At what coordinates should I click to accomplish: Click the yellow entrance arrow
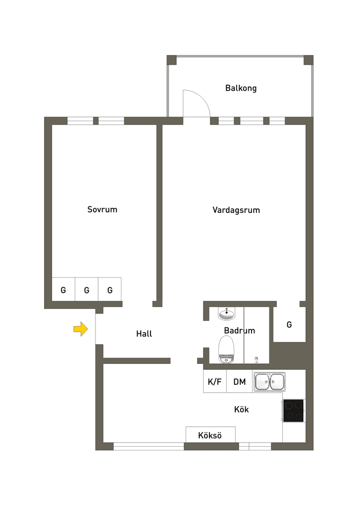[81, 329]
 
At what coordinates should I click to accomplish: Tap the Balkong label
[241, 88]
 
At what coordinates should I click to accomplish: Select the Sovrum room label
[102, 209]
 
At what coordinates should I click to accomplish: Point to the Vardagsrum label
[236, 210]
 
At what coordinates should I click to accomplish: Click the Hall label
[144, 333]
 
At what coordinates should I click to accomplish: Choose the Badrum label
[239, 330]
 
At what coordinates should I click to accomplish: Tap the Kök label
[241, 409]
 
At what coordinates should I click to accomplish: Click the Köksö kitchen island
[210, 435]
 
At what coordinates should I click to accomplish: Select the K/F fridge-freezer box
[215, 381]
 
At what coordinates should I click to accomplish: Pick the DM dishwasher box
[239, 381]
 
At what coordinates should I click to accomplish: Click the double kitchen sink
[269, 382]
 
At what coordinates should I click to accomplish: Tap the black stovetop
[293, 410]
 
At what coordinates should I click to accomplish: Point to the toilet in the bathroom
[226, 349]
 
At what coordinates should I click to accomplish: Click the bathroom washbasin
[226, 313]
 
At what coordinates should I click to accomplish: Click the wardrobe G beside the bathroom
[289, 324]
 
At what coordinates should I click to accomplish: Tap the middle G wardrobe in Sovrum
[86, 289]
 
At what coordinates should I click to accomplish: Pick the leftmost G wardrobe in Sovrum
[63, 289]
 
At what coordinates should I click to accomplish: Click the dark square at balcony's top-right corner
[308, 60]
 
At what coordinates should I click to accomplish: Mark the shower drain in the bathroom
[257, 358]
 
